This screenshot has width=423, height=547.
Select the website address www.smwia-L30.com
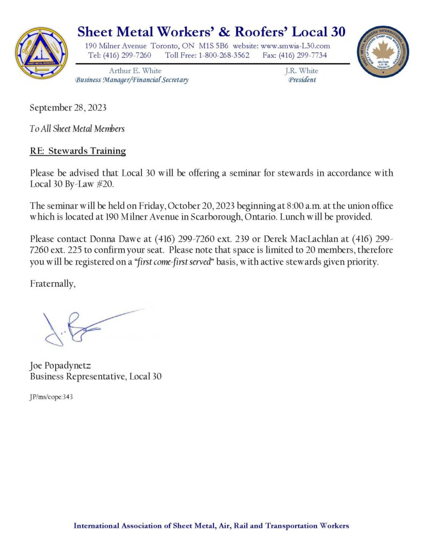click(295, 46)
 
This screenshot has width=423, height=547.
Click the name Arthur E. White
click(135, 71)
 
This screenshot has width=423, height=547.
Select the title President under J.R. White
click(302, 80)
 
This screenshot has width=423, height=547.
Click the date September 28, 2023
click(68, 107)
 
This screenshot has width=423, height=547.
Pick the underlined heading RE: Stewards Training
click(78, 151)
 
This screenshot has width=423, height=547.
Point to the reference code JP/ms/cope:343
click(51, 397)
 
